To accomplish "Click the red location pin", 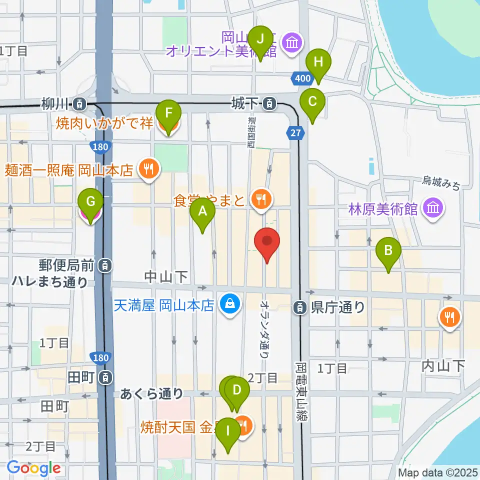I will point(267,241).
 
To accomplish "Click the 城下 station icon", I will point(270,104).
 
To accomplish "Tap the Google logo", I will point(34,468).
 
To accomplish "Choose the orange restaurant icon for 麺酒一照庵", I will point(148,169).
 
